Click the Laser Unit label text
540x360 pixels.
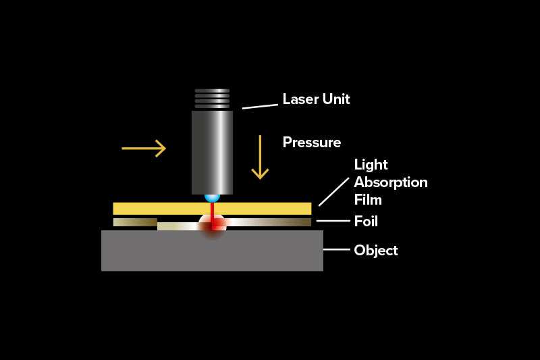[316, 99]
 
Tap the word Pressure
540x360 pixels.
[311, 143]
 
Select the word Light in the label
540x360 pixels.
[371, 165]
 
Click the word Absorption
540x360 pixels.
[391, 182]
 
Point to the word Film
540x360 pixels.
[368, 200]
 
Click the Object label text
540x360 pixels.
[375, 251]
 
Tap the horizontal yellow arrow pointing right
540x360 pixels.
[144, 148]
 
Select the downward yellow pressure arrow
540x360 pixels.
[260, 157]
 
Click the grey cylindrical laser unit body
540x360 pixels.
[212, 152]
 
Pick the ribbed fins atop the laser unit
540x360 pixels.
[212, 99]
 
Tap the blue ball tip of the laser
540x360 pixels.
[212, 197]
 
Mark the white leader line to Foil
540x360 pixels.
[331, 221]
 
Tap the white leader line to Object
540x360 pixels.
[336, 250]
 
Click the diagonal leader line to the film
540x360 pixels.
[333, 191]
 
